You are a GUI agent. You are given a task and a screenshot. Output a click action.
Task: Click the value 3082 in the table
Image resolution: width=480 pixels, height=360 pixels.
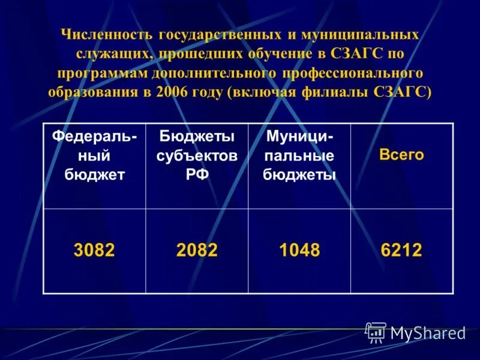coord(94,250)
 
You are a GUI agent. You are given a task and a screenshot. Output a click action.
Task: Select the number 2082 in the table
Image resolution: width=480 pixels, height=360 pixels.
coord(197,250)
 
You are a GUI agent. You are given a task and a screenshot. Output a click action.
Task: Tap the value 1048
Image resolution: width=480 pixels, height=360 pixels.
coord(299,250)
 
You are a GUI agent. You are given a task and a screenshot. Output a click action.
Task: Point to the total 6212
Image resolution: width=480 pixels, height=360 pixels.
coord(401,250)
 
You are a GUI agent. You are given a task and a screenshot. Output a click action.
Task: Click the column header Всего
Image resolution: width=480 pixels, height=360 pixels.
coord(401,155)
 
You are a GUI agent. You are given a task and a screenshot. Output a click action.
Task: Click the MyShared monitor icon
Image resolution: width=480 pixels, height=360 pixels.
coord(376,332)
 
